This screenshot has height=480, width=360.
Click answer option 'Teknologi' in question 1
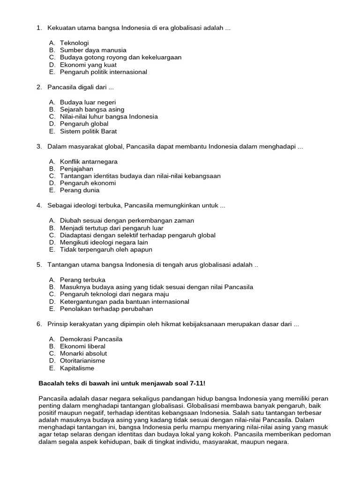(x=74, y=43)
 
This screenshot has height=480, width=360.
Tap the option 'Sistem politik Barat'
(x=88, y=131)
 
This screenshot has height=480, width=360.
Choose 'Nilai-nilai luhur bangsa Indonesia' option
(x=109, y=116)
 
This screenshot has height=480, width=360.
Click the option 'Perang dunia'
(x=80, y=190)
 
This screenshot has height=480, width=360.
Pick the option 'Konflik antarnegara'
(x=89, y=161)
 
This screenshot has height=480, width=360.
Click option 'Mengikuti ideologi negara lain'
(x=104, y=242)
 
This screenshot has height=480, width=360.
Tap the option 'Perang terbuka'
(x=82, y=280)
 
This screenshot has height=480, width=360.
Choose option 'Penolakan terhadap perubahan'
(x=106, y=309)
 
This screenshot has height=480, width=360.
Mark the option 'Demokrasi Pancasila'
(x=91, y=339)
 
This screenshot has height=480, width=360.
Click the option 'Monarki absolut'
(x=83, y=353)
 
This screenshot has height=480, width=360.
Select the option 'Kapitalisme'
(x=77, y=368)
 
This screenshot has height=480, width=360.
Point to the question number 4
(x=39, y=206)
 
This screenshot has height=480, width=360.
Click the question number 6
(x=39, y=324)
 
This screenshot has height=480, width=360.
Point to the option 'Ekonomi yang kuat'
(x=88, y=65)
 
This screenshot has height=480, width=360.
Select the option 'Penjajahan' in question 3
(x=76, y=169)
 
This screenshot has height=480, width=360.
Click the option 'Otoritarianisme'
(x=82, y=360)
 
